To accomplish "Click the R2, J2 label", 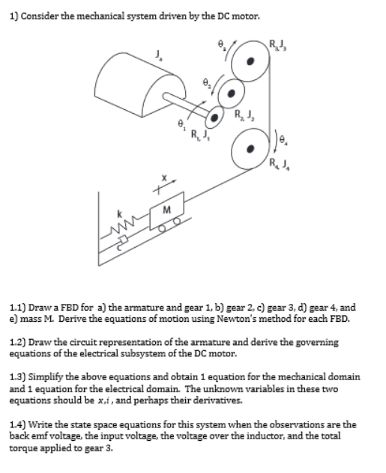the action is [244, 114].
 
